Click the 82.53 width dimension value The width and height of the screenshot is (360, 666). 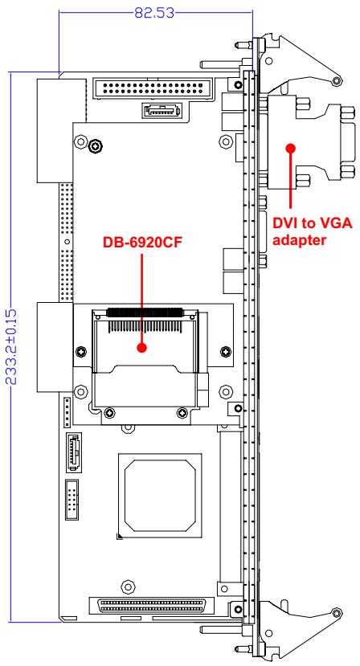pyautogui.click(x=154, y=12)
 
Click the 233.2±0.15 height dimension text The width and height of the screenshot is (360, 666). pyautogui.click(x=11, y=347)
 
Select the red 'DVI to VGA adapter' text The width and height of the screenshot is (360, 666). pyautogui.click(x=313, y=231)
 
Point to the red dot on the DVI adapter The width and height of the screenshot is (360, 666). pyautogui.click(x=291, y=148)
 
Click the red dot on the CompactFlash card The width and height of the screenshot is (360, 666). pyautogui.click(x=142, y=347)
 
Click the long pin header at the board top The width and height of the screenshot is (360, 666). pyautogui.click(x=153, y=89)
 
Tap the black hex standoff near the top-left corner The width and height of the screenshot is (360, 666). pyautogui.click(x=95, y=146)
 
